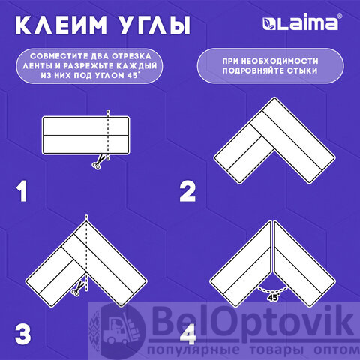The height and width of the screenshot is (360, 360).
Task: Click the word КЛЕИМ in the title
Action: (x=61, y=25)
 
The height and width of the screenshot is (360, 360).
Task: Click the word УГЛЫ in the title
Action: (x=154, y=25)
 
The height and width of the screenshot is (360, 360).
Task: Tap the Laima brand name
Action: (x=307, y=23)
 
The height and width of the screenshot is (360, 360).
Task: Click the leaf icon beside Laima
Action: (x=268, y=24)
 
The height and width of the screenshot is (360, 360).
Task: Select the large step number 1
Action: (x=22, y=192)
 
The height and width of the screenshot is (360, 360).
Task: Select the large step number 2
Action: (x=187, y=192)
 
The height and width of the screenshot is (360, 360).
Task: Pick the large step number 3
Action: (x=23, y=334)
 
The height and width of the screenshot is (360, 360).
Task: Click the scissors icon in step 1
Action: (x=99, y=162)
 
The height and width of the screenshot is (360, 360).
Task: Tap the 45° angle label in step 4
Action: (x=273, y=298)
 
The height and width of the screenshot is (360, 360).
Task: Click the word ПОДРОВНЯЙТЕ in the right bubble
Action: (x=253, y=70)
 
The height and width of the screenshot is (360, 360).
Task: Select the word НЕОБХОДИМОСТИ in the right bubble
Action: (x=280, y=61)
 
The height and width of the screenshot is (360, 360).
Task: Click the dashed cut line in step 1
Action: (x=108, y=135)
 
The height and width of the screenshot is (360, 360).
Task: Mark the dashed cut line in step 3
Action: (x=86, y=253)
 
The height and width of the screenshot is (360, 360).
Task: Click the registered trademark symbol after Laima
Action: (x=340, y=16)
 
